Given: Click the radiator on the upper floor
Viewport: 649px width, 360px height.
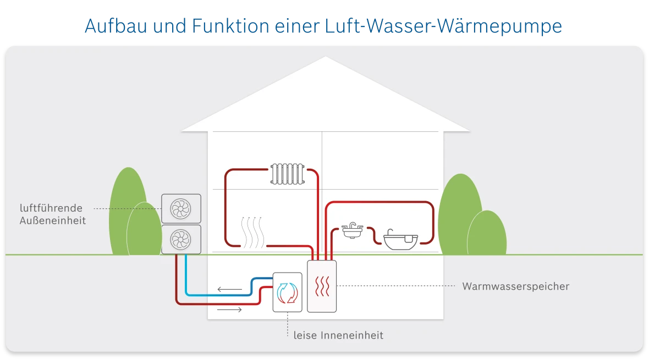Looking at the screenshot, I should pyautogui.click(x=287, y=173).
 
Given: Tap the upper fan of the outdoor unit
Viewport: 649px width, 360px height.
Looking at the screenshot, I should pyautogui.click(x=180, y=208).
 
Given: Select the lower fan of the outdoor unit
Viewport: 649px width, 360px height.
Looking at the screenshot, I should pyautogui.click(x=180, y=239).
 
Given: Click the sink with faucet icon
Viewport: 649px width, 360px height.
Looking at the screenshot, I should pyautogui.click(x=352, y=230).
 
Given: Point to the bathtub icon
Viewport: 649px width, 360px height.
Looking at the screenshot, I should pyautogui.click(x=400, y=240).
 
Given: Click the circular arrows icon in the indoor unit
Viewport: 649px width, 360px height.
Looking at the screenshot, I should pyautogui.click(x=287, y=293).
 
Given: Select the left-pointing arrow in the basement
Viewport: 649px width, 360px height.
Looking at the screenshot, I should pyautogui.click(x=230, y=289).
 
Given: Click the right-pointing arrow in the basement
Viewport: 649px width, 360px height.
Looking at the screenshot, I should pyautogui.click(x=230, y=310).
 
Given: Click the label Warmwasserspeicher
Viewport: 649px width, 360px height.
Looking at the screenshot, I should pyautogui.click(x=515, y=286).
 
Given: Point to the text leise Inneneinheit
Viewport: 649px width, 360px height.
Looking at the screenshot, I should pyautogui.click(x=338, y=335).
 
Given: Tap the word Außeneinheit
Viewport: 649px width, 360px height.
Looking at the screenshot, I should pyautogui.click(x=53, y=220).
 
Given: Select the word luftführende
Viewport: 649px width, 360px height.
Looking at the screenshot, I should pyautogui.click(x=51, y=208).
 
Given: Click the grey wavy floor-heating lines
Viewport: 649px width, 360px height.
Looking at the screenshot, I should pyautogui.click(x=254, y=232).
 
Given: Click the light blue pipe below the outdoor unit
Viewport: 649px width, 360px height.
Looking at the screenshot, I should pyautogui.click(x=188, y=275).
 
